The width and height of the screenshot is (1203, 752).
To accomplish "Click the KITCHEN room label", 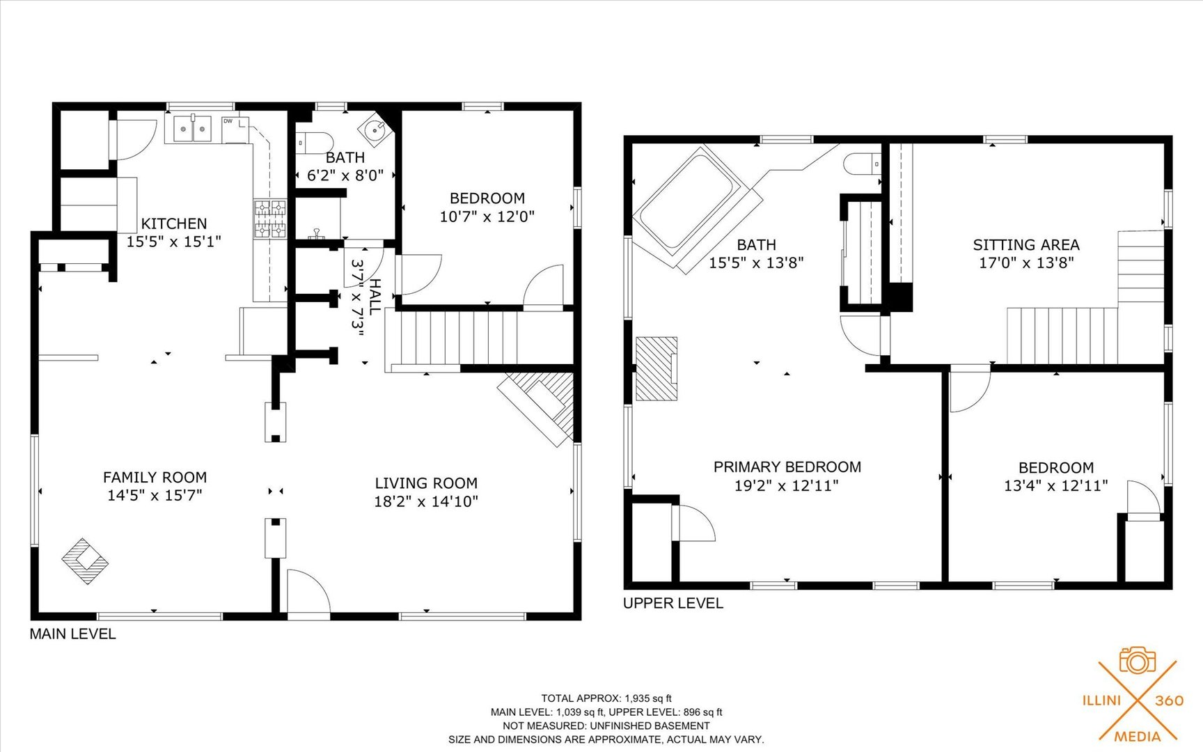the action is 174,224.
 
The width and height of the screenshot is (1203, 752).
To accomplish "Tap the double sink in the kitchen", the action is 193,129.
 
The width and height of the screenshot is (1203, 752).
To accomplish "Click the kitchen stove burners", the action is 269,219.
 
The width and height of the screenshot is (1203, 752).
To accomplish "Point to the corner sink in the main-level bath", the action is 376,127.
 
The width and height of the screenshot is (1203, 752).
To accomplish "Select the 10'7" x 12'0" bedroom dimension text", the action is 487,217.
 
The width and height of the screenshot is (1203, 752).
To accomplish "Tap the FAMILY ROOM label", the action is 155,477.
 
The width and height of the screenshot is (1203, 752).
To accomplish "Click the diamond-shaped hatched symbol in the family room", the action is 85,561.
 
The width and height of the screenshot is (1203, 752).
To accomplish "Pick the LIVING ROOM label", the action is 426,483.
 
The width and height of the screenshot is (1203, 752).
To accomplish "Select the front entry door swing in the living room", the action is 309,594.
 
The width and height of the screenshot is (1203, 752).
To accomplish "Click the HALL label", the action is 375,297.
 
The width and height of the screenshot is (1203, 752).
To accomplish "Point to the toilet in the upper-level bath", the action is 860,165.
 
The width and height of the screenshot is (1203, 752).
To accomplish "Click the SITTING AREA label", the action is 1026,244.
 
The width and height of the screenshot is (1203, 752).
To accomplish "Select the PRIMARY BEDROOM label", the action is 787,467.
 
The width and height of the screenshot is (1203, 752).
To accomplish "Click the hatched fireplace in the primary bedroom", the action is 656,369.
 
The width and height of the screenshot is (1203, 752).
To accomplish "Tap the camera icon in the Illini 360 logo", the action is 1138,660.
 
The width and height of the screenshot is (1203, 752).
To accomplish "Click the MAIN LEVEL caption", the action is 72,634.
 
